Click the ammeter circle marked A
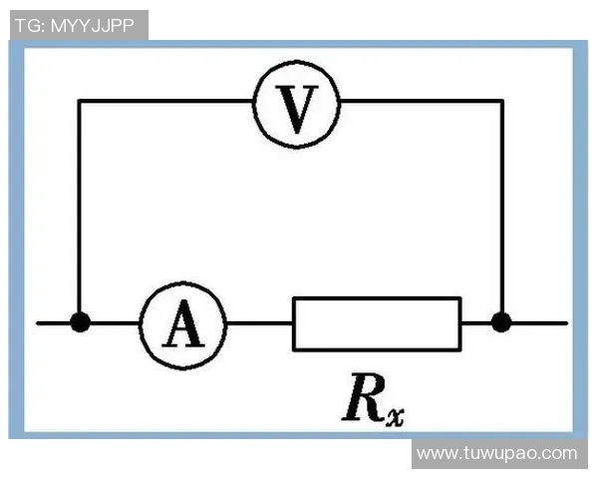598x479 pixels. point(182,323)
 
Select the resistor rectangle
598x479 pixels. point(377,323)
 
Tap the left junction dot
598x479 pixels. point(80,322)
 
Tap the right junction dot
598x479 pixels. point(502,322)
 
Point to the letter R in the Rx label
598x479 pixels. point(361,396)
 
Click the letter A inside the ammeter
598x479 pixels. point(182,326)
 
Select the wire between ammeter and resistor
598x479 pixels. point(259,323)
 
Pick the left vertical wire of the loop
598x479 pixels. point(79,210)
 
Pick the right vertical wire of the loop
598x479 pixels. point(503,210)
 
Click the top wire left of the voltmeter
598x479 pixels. point(164,100)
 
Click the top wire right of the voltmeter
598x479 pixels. point(419,100)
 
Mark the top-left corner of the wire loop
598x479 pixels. point(79,100)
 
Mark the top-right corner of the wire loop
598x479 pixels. point(503,100)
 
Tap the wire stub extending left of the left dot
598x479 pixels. point(55,323)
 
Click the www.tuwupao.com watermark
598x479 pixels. point(496,453)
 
